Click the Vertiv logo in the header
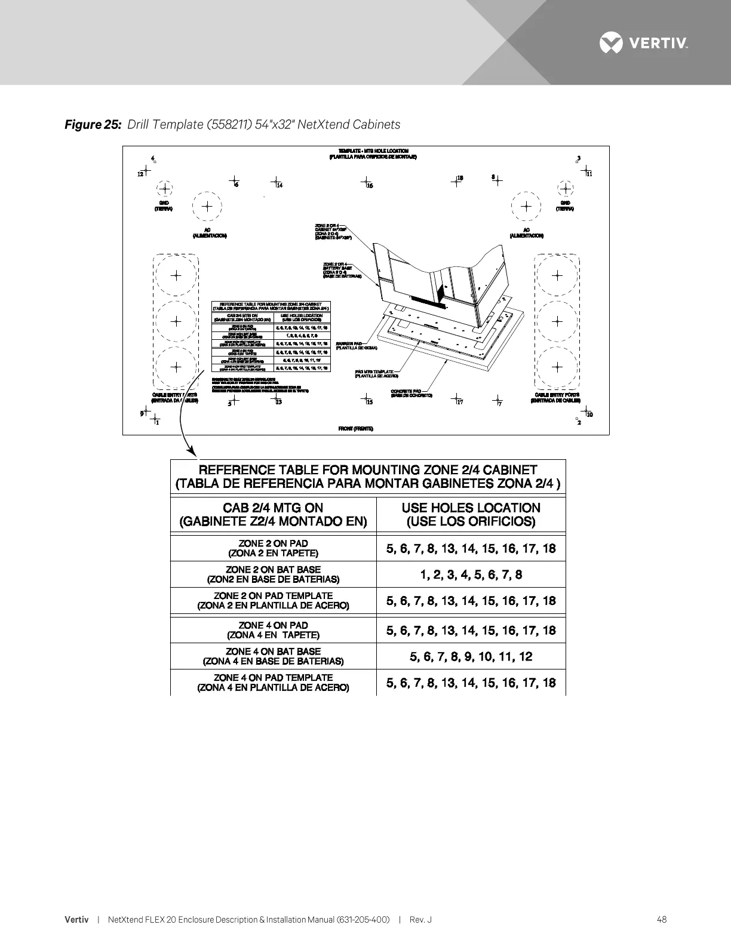(644, 43)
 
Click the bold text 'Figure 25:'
(93, 124)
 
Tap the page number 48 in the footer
(661, 920)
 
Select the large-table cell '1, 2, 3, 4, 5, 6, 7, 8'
(471, 575)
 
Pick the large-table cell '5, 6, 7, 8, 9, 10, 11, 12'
(471, 656)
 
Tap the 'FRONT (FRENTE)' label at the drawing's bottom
(356, 429)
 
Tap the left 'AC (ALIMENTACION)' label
(209, 233)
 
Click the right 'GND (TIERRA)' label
(565, 206)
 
